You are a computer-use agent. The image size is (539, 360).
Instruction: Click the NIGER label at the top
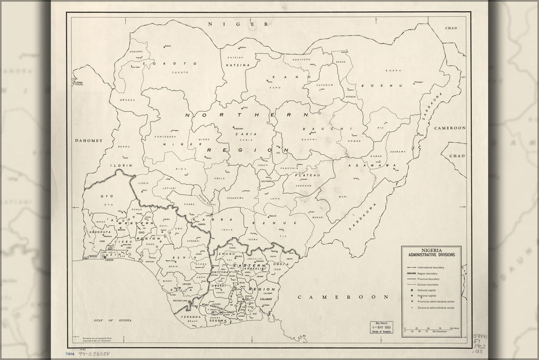[x=237, y=24]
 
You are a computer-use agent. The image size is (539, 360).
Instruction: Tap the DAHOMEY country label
[x=89, y=140]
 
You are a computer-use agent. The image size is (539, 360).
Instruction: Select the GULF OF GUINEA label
[x=113, y=320]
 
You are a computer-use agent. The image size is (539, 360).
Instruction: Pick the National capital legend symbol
[x=412, y=291]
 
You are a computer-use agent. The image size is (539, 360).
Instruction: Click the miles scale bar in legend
[x=431, y=330]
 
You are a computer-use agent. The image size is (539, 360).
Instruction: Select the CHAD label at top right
[x=451, y=28]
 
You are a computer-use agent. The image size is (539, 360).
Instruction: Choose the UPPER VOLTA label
[x=78, y=83]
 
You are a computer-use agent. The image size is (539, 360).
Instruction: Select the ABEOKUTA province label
[x=98, y=231]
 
